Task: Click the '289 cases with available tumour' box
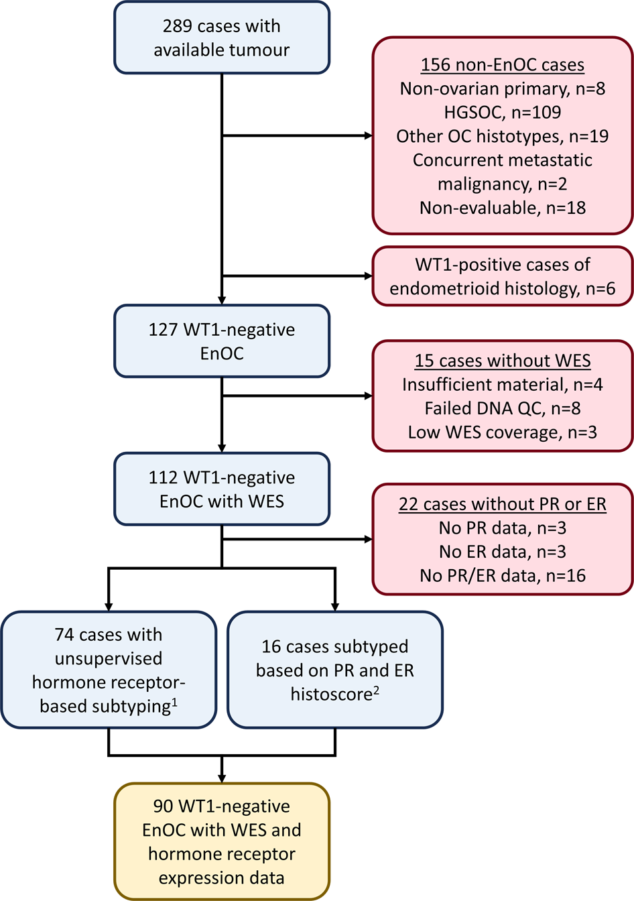pos(221,38)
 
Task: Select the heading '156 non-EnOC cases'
pos(502,65)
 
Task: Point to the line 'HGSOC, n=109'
pos(502,112)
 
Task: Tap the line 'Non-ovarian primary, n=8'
pos(502,88)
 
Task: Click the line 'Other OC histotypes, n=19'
pos(502,136)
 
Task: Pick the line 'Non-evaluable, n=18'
pos(502,208)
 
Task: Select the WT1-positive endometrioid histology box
pos(502,276)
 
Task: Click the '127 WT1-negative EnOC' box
pos(221,341)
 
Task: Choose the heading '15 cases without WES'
pos(502,361)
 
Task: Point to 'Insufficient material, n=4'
pos(502,385)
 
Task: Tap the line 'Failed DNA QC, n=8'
pos(502,408)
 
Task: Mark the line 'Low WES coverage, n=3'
pos(502,432)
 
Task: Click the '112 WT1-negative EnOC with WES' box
pos(221,489)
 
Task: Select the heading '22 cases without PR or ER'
pos(502,504)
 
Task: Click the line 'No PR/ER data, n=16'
pos(502,575)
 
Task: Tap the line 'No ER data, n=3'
pos(502,552)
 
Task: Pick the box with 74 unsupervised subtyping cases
pos(109,670)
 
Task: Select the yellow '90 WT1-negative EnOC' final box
pos(221,841)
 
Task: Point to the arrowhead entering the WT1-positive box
pos(368,276)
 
